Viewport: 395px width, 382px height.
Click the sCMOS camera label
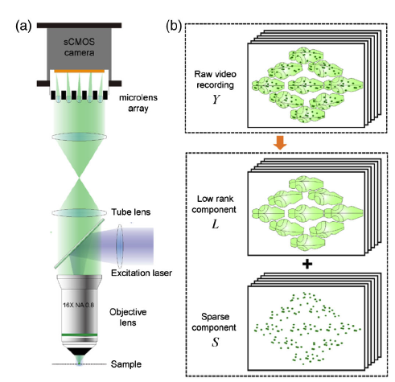[79, 47]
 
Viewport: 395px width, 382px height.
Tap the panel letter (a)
[23, 27]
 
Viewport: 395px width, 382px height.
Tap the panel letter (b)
[174, 27]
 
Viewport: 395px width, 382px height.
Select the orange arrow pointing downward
[280, 142]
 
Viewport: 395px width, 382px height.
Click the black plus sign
[307, 265]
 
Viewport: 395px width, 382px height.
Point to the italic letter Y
[216, 99]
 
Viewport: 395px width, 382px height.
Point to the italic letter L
[215, 224]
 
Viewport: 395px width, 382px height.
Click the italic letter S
[215, 342]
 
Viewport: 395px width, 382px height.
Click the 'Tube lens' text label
[131, 212]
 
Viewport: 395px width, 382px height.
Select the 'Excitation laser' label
[142, 273]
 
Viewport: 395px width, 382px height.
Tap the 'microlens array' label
[138, 103]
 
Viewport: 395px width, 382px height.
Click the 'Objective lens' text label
[128, 318]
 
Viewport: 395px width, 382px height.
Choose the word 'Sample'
[126, 364]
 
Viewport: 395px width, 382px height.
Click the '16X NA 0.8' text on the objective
[78, 305]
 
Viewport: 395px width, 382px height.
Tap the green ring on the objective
[80, 335]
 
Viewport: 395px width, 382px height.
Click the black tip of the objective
[80, 351]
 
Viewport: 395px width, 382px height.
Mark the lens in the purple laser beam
[120, 246]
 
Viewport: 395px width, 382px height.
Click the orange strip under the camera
[79, 72]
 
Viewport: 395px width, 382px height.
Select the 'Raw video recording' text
[215, 80]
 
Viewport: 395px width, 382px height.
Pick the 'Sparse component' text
[214, 322]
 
